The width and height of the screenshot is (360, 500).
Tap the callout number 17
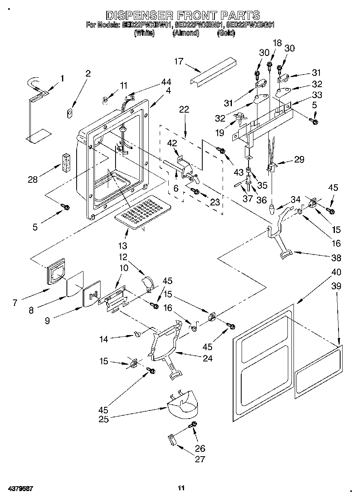tap(179, 62)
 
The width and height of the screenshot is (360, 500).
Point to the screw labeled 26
tap(193, 424)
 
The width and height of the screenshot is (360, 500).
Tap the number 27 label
tap(200, 459)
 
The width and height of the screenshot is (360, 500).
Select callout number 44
tap(166, 81)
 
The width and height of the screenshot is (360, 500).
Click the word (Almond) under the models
tap(186, 34)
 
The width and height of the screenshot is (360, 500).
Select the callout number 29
tap(299, 159)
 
